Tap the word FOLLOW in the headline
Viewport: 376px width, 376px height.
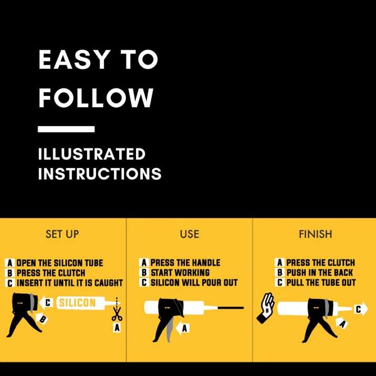pos(96,98)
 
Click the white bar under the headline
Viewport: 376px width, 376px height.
pos(66,129)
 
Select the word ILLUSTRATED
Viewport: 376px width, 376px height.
pos(91,154)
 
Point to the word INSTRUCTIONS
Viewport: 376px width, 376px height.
pos(100,174)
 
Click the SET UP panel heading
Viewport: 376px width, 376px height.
pos(62,234)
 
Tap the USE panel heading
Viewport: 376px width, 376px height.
pos(189,234)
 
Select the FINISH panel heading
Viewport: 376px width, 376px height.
pos(316,234)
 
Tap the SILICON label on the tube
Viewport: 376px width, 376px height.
pos(78,303)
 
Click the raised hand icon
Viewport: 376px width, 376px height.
pos(266,308)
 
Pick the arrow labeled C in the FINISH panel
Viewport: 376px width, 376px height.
pos(360,309)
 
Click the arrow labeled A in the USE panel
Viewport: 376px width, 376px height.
pos(183,328)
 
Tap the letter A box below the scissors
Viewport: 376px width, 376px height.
pos(117,327)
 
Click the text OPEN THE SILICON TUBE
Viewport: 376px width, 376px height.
pos(60,263)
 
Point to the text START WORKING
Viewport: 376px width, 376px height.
pos(180,273)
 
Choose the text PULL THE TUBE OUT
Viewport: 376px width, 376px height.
pos(321,283)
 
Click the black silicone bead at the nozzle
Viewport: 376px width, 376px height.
pos(231,308)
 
